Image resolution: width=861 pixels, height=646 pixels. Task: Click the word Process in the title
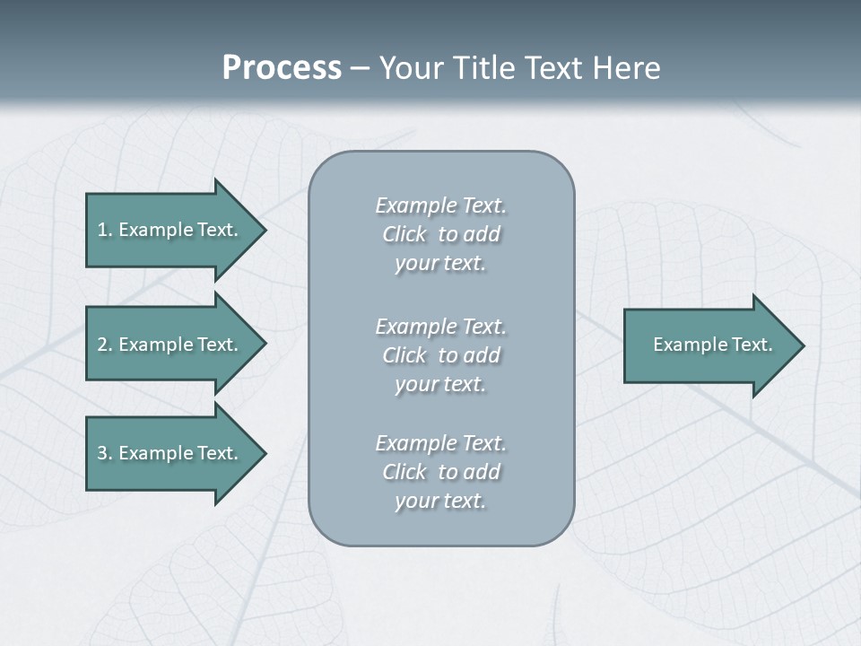click(x=282, y=68)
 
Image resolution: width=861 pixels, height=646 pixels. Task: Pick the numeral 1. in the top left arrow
click(x=105, y=230)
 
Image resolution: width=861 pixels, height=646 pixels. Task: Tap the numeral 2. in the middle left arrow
click(x=105, y=345)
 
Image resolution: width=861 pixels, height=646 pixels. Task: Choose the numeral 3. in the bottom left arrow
click(x=105, y=453)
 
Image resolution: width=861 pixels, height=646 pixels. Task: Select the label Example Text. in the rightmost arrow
click(x=713, y=345)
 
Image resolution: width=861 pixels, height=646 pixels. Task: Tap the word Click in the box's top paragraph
click(x=404, y=235)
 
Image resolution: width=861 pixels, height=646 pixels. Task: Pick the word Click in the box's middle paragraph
click(x=404, y=356)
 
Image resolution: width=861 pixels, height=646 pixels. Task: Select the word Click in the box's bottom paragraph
click(x=404, y=473)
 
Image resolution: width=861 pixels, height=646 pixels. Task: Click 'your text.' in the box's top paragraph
click(x=440, y=264)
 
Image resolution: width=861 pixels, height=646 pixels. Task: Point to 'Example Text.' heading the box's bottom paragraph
click(x=440, y=443)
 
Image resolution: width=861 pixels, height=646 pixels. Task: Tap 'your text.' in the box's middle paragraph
click(x=440, y=385)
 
